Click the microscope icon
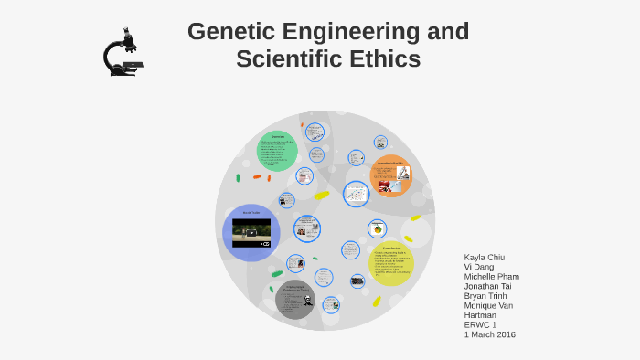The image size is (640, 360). (x=123, y=52)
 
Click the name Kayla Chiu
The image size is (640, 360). (x=485, y=257)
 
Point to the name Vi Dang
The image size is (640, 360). (x=479, y=267)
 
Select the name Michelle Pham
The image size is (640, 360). (x=492, y=276)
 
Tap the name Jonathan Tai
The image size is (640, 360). (x=488, y=286)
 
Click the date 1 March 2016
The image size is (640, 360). (x=490, y=334)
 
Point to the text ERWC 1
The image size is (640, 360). (x=480, y=324)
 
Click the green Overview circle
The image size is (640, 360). (x=277, y=151)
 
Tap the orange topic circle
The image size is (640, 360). (x=390, y=175)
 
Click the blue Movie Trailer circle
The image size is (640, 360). (x=251, y=232)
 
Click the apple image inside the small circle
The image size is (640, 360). (x=377, y=229)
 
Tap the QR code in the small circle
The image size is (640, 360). (x=380, y=142)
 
